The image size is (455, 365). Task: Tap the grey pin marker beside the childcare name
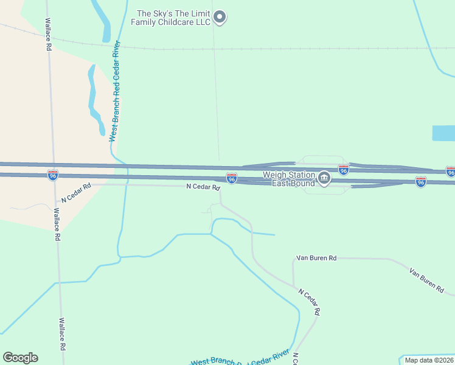tap(220, 17)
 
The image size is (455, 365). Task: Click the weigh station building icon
tap(324, 178)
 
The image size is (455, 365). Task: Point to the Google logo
tap(20, 358)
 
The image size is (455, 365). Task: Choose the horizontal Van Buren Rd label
tap(316, 258)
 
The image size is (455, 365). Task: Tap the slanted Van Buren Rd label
tap(426, 279)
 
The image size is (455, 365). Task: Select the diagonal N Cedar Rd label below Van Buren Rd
tap(308, 302)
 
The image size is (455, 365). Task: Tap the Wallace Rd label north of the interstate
tap(47, 34)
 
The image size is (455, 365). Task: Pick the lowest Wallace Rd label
tap(61, 334)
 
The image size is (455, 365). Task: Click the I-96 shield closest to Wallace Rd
tap(53, 175)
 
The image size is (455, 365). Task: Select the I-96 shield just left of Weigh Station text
tap(232, 178)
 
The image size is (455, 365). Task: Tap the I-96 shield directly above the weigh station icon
tap(343, 170)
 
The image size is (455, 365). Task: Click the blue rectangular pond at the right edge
tap(443, 133)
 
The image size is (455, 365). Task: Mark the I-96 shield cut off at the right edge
tap(450, 172)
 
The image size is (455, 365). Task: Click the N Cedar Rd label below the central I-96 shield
tap(203, 187)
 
